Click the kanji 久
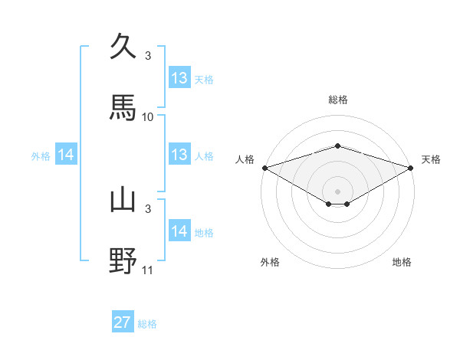tap(123, 47)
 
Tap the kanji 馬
tap(123, 107)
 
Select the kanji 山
tap(123, 200)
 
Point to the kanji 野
tap(123, 260)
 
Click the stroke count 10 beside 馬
tap(148, 117)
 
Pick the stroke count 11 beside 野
tap(148, 270)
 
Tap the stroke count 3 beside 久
tap(148, 56)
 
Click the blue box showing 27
tap(123, 322)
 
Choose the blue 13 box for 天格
tap(179, 78)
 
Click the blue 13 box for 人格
tap(179, 155)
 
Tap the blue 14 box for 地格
tap(179, 231)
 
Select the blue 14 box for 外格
tap(66, 155)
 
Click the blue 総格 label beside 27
tap(147, 324)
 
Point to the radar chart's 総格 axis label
tap(337, 100)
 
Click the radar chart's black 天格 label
tap(431, 159)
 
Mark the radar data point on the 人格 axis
tap(264, 167)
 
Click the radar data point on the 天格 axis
tap(411, 167)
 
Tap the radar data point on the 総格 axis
tap(337, 146)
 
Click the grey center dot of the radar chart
tap(337, 191)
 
